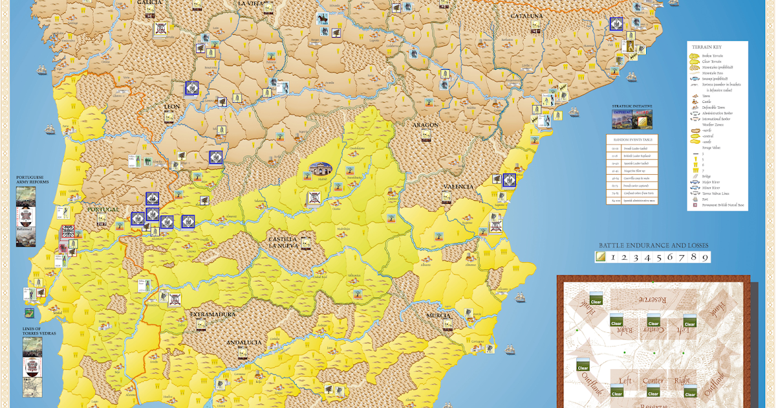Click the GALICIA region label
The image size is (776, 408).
click(148, 3)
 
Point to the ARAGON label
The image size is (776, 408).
click(424, 124)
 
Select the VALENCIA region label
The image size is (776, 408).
click(459, 187)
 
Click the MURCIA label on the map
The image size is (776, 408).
click(438, 315)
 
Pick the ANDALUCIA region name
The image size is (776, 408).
click(244, 342)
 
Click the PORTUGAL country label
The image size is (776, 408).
click(103, 209)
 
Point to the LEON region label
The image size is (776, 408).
click(172, 106)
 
